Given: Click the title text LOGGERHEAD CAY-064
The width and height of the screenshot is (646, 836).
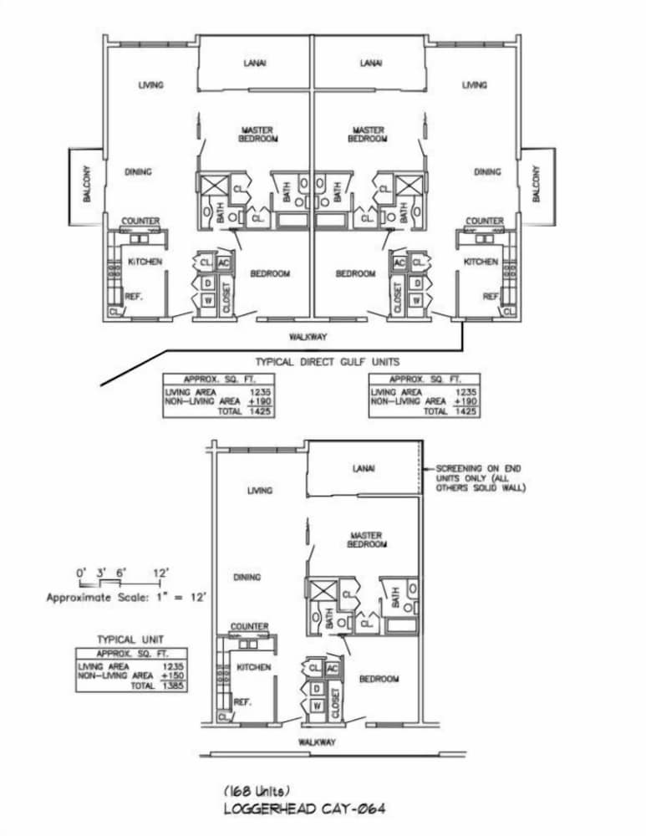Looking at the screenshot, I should [x=304, y=808].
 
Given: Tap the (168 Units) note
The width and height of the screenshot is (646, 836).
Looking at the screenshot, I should [x=258, y=790].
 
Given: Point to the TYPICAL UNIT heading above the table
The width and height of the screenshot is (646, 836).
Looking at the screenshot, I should [x=130, y=640].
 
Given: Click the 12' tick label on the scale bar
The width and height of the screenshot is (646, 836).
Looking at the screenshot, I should [x=162, y=573].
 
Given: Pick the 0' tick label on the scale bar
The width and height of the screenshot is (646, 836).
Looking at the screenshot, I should [x=81, y=573].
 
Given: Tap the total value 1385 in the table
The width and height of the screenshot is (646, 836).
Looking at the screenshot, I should [x=171, y=685].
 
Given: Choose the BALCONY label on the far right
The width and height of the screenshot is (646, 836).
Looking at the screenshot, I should [x=537, y=186].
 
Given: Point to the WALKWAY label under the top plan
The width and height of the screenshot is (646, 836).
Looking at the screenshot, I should [x=308, y=337].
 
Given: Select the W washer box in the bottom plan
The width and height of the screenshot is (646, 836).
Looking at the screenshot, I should [x=317, y=706].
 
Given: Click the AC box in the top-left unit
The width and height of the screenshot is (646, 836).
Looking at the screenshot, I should [x=222, y=263].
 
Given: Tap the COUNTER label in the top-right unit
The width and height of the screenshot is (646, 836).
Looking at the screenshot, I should [x=484, y=221].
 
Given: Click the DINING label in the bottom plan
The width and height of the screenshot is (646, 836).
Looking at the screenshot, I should [x=247, y=577].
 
